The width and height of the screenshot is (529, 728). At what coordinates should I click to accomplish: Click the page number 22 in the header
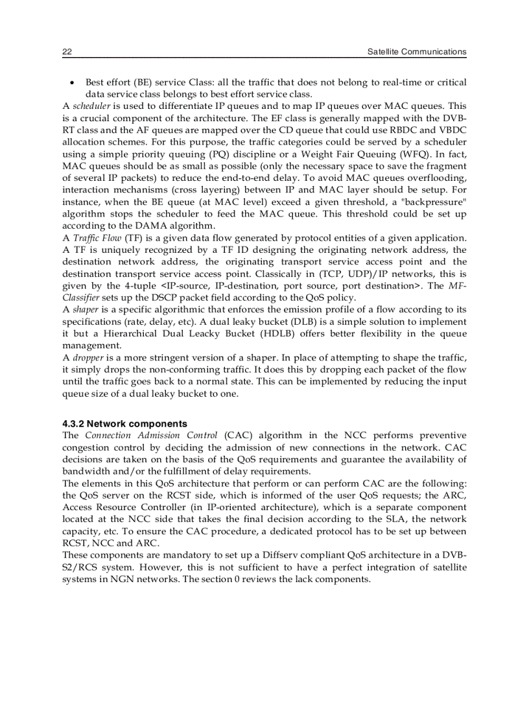click(67, 51)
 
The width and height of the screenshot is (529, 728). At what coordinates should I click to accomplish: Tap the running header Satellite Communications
click(416, 51)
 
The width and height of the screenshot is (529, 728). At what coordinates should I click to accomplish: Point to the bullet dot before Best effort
click(73, 83)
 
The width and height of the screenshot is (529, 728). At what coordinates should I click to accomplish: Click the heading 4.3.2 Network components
click(124, 424)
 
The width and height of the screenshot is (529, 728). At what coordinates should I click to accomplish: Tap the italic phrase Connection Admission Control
click(150, 436)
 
